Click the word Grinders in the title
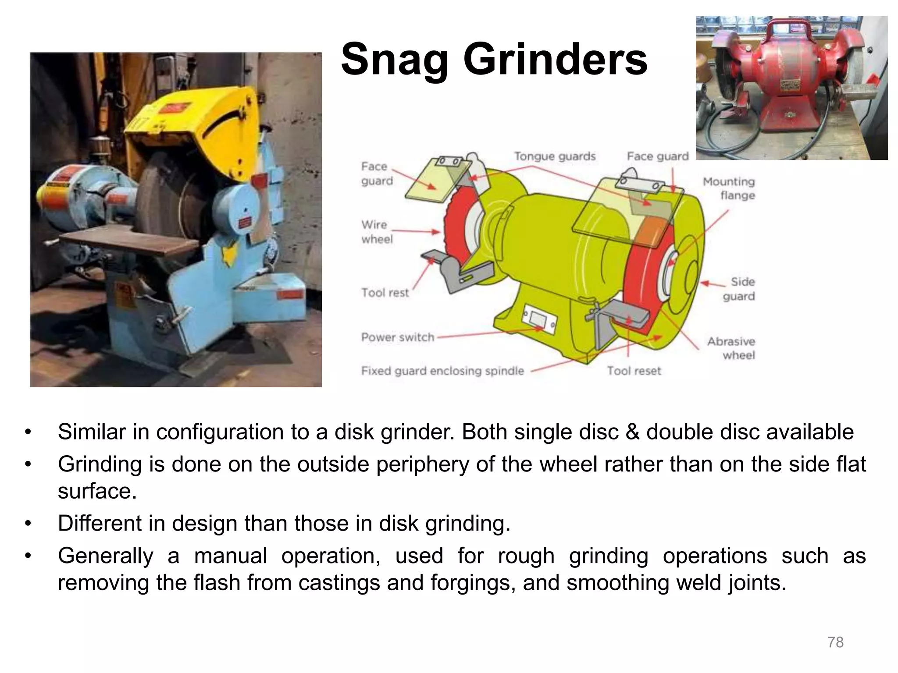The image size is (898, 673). tap(555, 60)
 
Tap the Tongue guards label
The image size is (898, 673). tap(555, 156)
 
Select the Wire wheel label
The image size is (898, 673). tap(376, 232)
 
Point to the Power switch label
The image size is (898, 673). tap(397, 337)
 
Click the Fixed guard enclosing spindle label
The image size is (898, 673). tap(442, 371)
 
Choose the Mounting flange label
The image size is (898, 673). tap(729, 188)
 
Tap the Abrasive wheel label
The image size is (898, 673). tap(731, 348)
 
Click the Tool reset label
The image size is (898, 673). tap(634, 371)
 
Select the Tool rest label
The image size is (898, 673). tap(385, 293)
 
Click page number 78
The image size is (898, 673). tap(835, 642)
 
